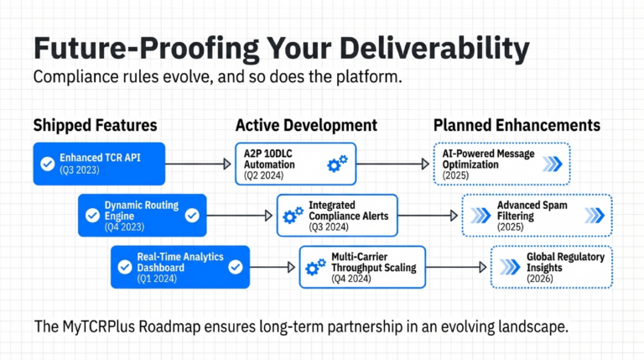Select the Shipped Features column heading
pos(95,126)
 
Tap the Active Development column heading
pos(306,126)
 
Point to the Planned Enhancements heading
pos(517,126)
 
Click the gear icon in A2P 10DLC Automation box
pos(337,164)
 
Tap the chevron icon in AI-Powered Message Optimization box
pos(553,164)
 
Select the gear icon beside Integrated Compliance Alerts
pos(293,216)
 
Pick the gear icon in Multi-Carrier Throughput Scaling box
pos(316,267)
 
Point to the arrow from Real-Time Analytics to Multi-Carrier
pos(274,267)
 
